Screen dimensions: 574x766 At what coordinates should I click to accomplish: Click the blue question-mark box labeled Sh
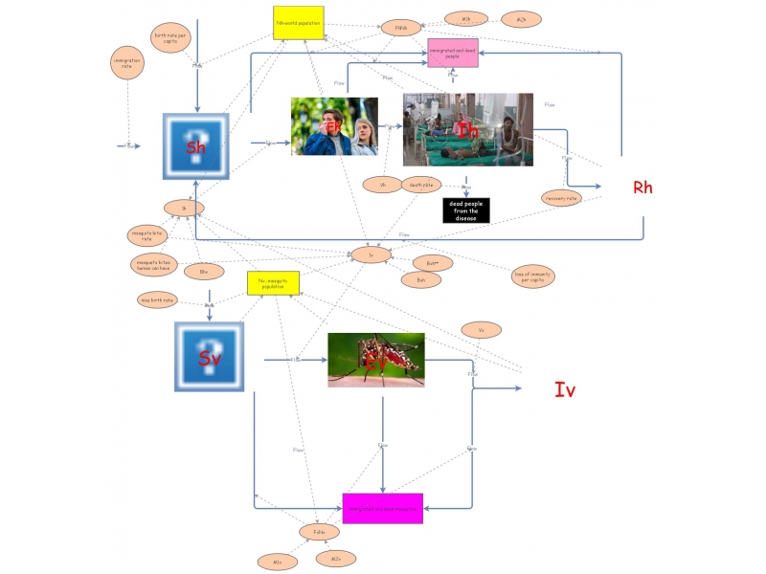pyautogui.click(x=196, y=145)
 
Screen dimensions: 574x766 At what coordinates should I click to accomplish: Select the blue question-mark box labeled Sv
pyautogui.click(x=209, y=356)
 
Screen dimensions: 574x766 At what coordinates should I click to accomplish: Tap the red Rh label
pyautogui.click(x=642, y=188)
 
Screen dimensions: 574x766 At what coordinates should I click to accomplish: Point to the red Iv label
pyautogui.click(x=565, y=388)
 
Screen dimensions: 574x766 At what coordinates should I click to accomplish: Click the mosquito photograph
pyautogui.click(x=375, y=360)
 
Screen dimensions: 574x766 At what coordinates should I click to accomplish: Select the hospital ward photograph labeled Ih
pyautogui.click(x=467, y=129)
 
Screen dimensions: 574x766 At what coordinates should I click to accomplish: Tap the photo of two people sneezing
pyautogui.click(x=334, y=126)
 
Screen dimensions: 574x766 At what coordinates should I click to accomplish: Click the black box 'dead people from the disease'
pyautogui.click(x=466, y=210)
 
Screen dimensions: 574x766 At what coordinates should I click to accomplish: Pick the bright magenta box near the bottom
pyautogui.click(x=382, y=508)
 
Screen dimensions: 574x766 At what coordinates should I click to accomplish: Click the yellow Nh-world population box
pyautogui.click(x=299, y=23)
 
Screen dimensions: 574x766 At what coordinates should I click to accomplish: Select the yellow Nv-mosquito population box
pyautogui.click(x=273, y=283)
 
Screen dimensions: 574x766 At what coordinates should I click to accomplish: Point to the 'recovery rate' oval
pyautogui.click(x=560, y=198)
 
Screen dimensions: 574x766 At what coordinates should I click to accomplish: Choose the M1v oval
pyautogui.click(x=277, y=562)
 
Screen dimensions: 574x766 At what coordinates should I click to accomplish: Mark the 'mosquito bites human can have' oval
pyautogui.click(x=153, y=263)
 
